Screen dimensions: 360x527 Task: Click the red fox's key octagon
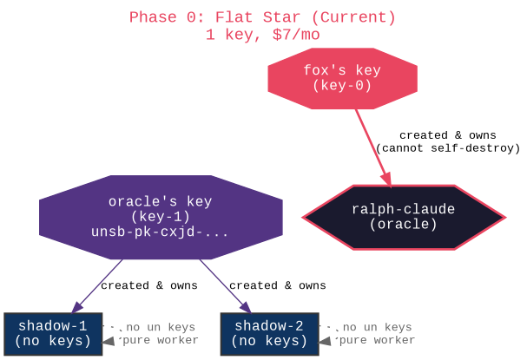click(x=342, y=78)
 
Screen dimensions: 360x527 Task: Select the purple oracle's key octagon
click(x=161, y=217)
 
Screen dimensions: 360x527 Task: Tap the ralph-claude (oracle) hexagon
click(x=404, y=217)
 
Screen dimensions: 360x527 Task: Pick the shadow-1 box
click(x=54, y=333)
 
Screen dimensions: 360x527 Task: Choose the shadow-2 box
click(x=269, y=333)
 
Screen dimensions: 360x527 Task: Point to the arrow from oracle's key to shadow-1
click(x=97, y=285)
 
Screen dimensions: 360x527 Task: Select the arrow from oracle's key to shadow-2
click(x=226, y=285)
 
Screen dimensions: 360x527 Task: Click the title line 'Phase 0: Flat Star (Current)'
click(x=262, y=17)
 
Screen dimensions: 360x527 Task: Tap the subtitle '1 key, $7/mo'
click(x=262, y=35)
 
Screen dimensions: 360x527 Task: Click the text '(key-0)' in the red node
click(x=342, y=86)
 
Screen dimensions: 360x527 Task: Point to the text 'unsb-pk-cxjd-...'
click(x=160, y=232)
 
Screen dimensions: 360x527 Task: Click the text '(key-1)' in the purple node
click(x=160, y=217)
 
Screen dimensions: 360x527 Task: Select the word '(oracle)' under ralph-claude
click(x=404, y=225)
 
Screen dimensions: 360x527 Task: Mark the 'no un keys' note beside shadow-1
click(x=161, y=327)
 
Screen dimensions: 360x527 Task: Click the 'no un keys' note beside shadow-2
click(x=377, y=327)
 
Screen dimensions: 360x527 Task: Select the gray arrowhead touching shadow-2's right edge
click(x=325, y=342)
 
